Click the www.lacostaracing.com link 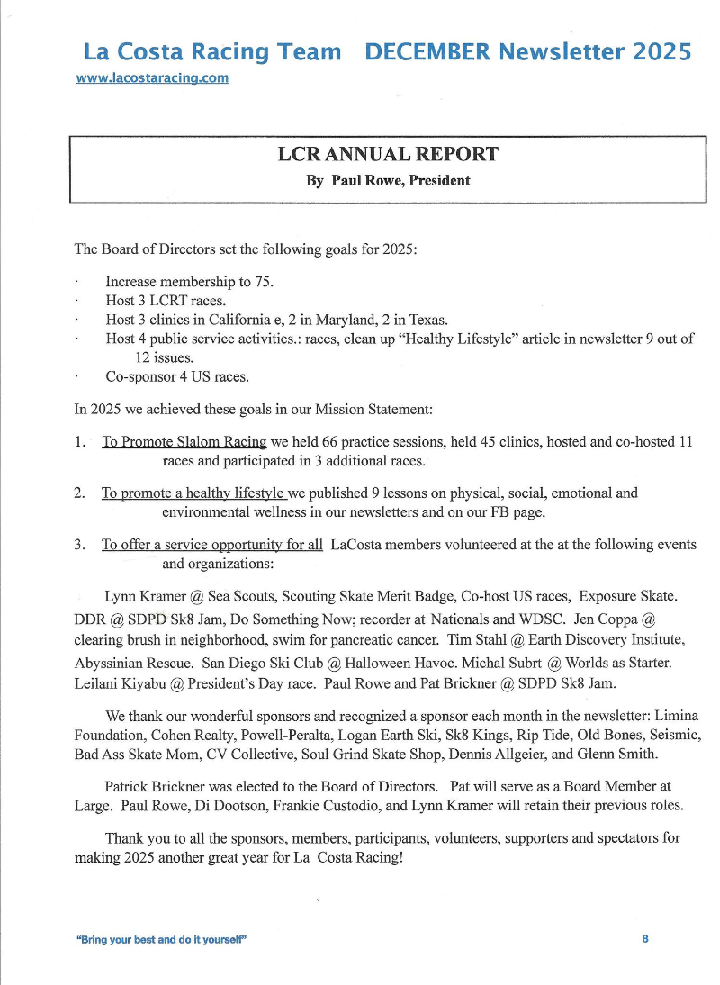[152, 78]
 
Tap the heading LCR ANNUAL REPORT [388, 154]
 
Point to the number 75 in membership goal [265, 282]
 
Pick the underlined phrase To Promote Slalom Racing [184, 442]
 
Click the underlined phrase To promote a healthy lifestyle [193, 493]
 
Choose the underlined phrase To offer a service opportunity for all [211, 545]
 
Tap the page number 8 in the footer [645, 939]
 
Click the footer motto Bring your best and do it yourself [162, 940]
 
